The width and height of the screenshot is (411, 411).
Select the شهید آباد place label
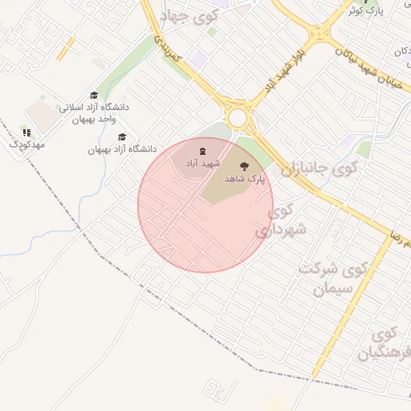click(202, 163)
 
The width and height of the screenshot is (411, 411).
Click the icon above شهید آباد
click(202, 150)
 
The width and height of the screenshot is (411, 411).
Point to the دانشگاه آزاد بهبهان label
click(122, 149)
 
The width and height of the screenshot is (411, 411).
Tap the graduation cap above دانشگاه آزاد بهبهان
click(122, 137)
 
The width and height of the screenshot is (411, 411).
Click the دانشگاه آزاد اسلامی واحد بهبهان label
click(94, 113)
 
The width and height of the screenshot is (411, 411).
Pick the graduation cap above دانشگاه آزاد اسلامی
click(94, 96)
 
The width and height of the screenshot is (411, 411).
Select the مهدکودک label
click(26, 144)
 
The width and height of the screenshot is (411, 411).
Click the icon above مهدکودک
click(26, 132)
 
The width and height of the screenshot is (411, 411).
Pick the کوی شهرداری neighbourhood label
click(280, 221)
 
